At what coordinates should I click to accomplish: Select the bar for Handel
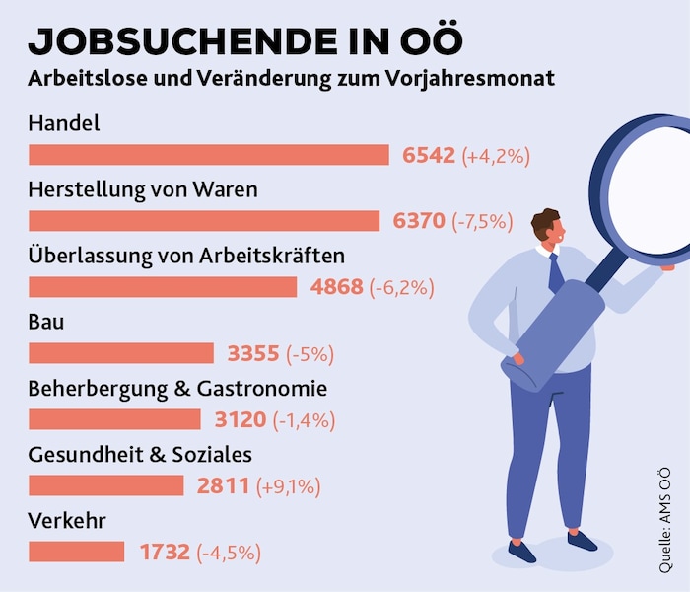[x=209, y=155]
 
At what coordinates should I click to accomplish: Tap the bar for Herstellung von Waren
[x=204, y=221]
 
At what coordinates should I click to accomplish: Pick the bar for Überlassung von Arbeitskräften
[x=163, y=287]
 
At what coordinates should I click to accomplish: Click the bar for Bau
[x=121, y=353]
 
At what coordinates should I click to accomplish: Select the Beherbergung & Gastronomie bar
[x=114, y=419]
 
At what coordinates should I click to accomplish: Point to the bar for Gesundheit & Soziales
[x=106, y=485]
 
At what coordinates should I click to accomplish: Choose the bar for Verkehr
[x=77, y=552]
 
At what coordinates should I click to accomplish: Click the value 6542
[x=429, y=155]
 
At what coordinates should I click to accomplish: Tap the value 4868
[x=336, y=287]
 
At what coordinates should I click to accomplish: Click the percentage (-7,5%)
[x=482, y=222]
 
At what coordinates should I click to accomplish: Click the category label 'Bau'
[x=47, y=321]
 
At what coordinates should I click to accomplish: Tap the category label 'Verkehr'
[x=67, y=520]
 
